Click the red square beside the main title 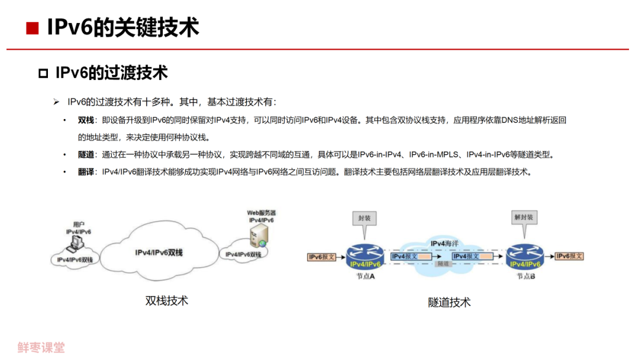(33, 28)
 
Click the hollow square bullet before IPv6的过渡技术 (43, 73)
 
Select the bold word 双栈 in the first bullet (86, 120)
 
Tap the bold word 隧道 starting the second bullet (86, 155)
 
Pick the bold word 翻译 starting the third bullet (86, 172)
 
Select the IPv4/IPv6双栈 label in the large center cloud (159, 253)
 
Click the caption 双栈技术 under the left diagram (167, 301)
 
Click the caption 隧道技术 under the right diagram (450, 303)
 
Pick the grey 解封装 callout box (524, 218)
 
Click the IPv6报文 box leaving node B (570, 256)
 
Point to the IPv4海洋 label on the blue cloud (446, 244)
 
